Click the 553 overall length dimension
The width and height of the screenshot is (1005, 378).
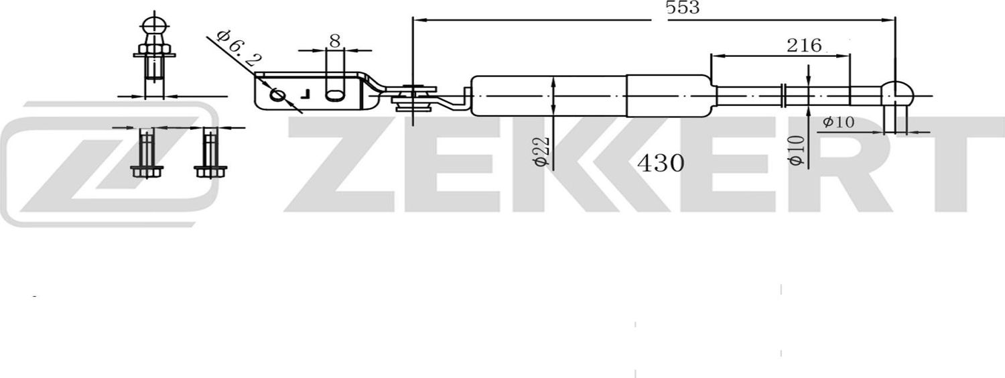point(683,8)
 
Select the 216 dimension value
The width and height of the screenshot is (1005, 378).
point(803,46)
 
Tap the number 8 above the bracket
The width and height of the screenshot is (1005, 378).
point(334,40)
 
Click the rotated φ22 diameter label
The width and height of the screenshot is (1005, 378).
point(543,152)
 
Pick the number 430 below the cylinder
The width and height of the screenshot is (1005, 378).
point(661,163)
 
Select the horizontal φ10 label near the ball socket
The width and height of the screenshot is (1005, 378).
point(838,122)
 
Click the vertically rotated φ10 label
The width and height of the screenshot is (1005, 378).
point(796,151)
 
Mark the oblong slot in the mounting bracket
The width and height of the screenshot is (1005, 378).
point(334,95)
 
